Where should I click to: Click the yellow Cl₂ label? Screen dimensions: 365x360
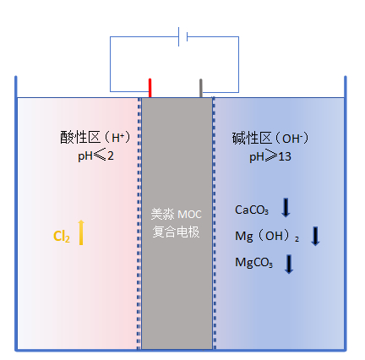62,236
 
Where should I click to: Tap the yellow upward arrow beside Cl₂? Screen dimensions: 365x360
81,232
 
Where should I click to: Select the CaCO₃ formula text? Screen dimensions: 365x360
252,210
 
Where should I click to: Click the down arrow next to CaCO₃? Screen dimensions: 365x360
286,208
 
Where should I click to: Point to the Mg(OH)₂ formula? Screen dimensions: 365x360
267,236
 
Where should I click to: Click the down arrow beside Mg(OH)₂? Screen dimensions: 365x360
315,236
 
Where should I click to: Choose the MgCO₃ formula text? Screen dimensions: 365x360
253,263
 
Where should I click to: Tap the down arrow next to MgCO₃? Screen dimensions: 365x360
289,264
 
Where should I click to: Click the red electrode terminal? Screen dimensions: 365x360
150,88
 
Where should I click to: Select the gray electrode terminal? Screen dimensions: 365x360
201,88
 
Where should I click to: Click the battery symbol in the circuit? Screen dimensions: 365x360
183,36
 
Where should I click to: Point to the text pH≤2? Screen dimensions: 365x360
95,155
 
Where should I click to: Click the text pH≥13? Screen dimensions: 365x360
270,156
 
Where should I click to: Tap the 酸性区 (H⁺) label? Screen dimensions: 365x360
95,138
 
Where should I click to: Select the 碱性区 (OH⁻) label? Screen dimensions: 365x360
270,139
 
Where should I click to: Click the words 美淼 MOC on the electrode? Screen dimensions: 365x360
177,215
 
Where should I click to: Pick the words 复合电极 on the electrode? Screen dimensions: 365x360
177,232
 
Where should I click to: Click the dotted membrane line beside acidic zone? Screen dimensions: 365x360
139,224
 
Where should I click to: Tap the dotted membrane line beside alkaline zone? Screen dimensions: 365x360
214,224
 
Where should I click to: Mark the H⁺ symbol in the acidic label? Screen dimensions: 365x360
118,138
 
